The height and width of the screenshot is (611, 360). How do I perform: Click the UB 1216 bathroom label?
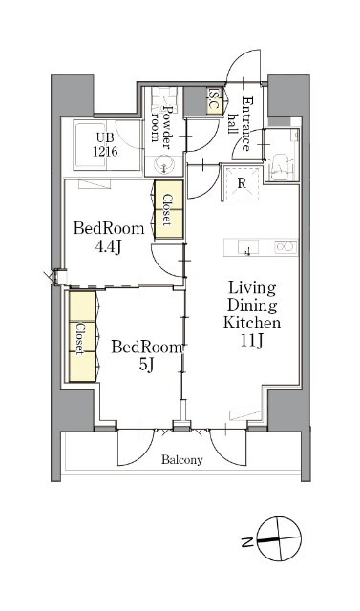click(x=105, y=145)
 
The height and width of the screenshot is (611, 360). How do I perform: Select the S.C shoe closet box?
click(x=214, y=100)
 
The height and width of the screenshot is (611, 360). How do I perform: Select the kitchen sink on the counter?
click(x=247, y=247)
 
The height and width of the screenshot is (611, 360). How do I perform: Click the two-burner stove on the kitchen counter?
click(x=286, y=247)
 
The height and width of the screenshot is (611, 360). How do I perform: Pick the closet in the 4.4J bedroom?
click(x=169, y=209)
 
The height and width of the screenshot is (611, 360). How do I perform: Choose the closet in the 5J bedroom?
click(x=82, y=336)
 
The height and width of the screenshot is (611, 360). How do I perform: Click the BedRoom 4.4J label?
click(x=109, y=238)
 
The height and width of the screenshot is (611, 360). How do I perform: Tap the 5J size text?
click(x=146, y=365)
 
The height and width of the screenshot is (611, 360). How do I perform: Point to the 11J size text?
click(x=252, y=341)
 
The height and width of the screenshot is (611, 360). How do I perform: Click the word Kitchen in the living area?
click(x=252, y=323)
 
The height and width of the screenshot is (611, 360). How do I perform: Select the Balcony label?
click(x=182, y=460)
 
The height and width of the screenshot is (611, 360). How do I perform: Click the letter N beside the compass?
click(x=246, y=542)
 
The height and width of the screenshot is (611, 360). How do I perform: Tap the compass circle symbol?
click(x=280, y=538)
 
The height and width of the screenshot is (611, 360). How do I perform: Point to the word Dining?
click(x=253, y=305)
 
